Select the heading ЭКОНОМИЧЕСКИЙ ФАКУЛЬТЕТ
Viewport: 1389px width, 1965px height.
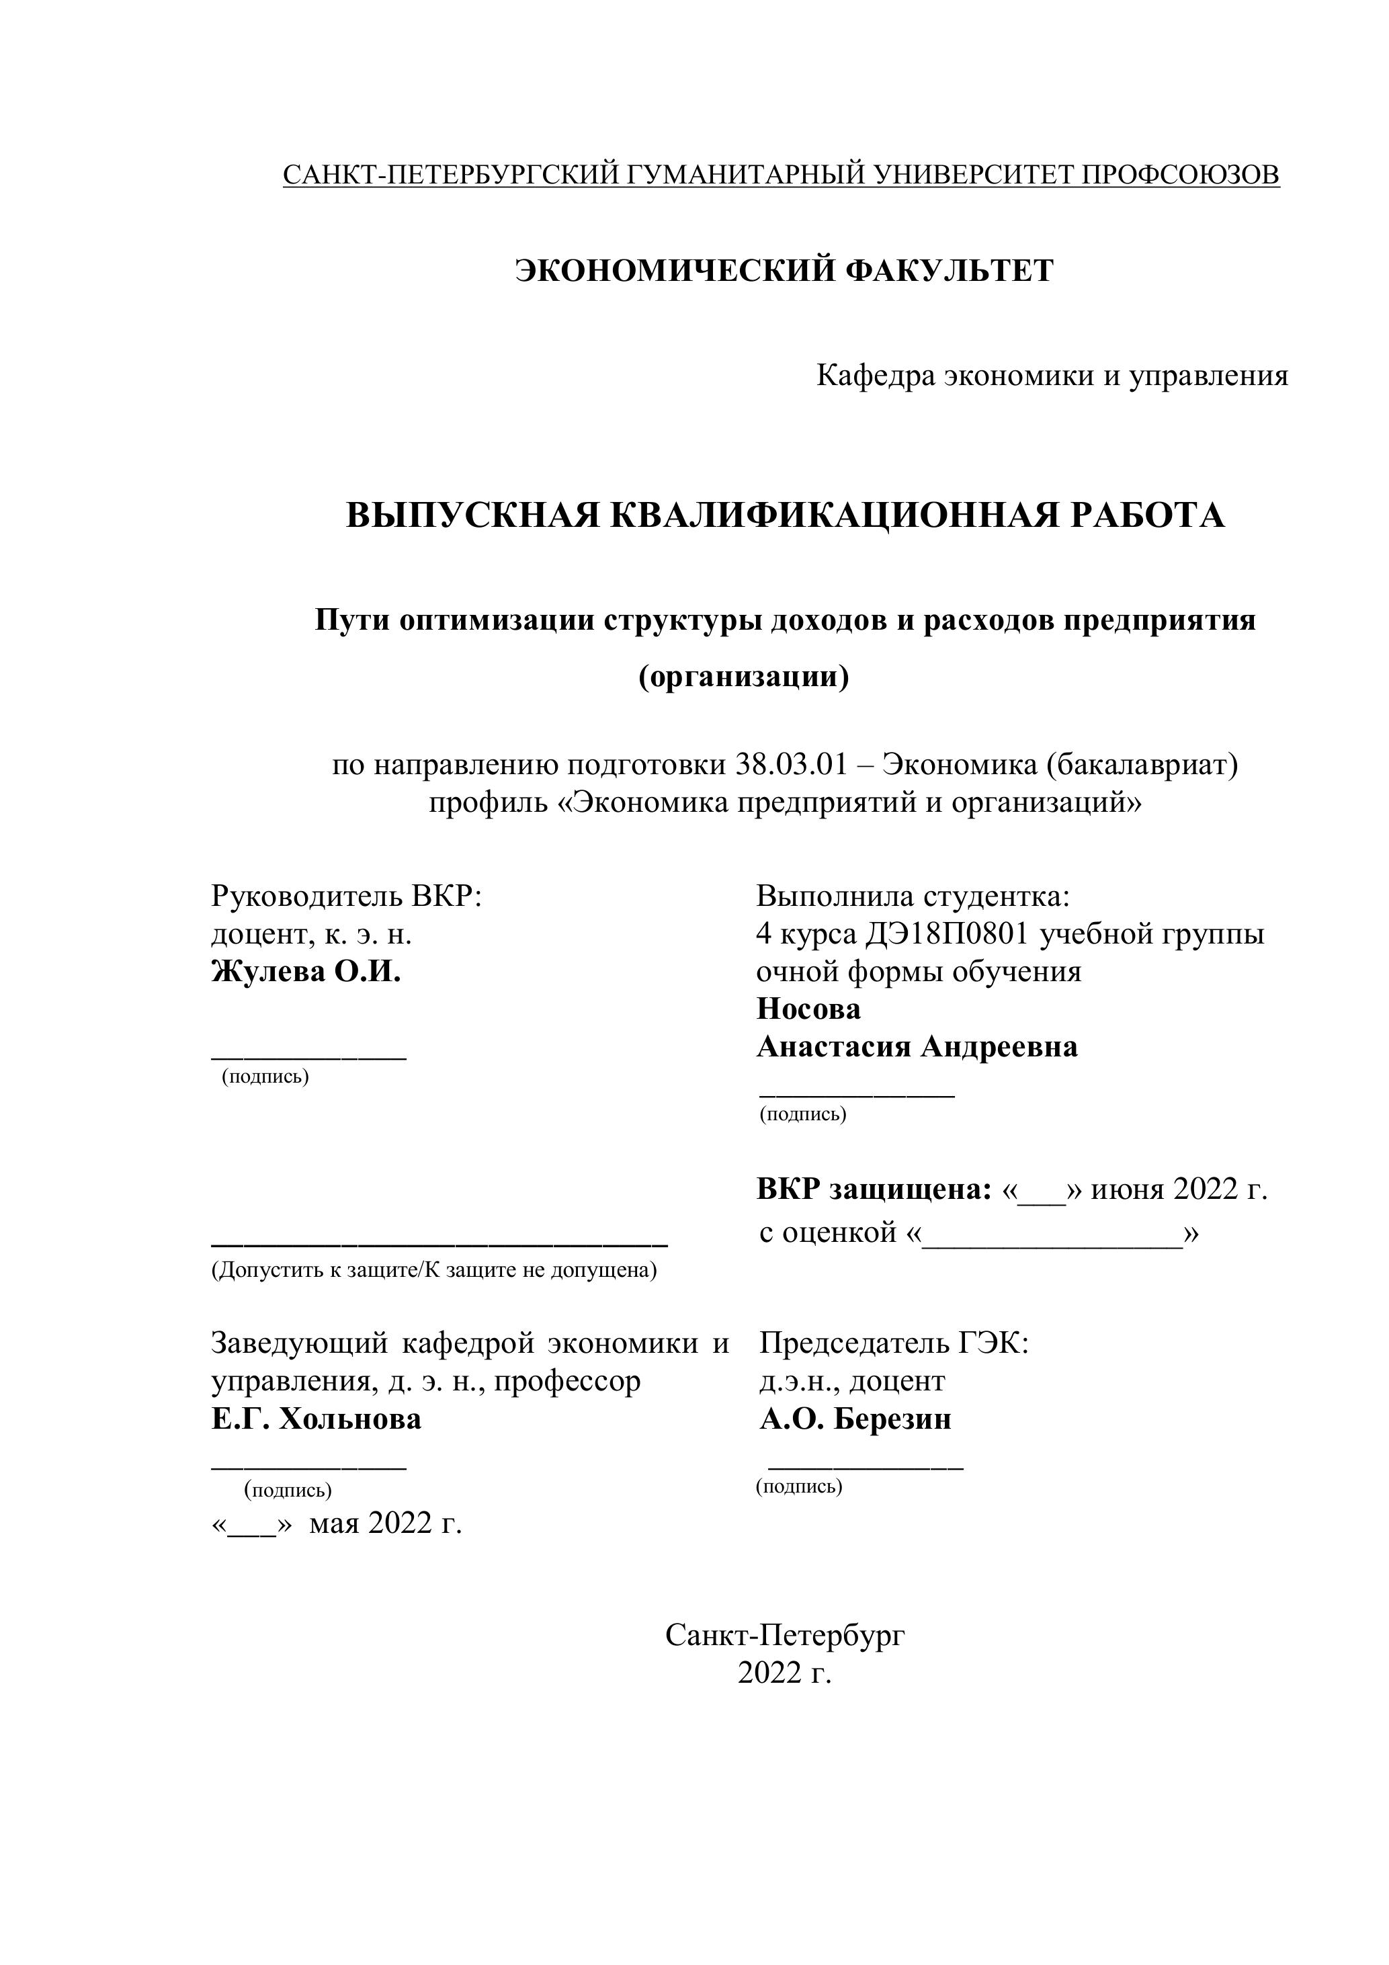[x=784, y=270]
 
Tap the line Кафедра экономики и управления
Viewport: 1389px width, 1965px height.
[x=1052, y=375]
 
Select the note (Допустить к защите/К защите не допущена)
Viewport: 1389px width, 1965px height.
[x=434, y=1269]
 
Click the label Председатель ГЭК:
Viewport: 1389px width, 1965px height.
[x=894, y=1343]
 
